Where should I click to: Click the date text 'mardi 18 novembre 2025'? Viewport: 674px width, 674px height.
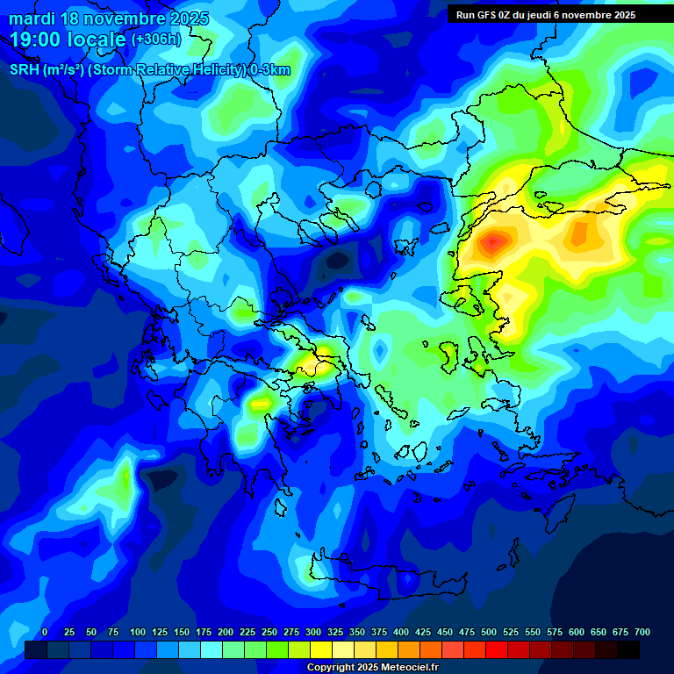click(x=109, y=18)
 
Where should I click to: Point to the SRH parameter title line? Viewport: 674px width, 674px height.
click(x=149, y=70)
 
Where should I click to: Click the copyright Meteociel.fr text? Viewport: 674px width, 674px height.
click(x=372, y=667)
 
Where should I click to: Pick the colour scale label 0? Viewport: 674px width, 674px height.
click(x=45, y=632)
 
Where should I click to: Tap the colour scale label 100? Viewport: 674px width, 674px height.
click(x=138, y=632)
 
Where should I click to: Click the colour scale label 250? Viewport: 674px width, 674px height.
click(x=269, y=632)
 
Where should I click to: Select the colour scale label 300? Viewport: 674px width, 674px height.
click(x=313, y=632)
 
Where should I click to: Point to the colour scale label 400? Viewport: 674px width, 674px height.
click(x=401, y=632)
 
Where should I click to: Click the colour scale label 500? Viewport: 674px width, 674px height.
click(x=489, y=632)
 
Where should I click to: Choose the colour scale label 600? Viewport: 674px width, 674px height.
click(x=577, y=632)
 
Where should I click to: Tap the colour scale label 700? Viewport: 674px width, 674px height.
click(x=642, y=632)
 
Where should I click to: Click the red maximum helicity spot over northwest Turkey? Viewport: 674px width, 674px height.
click(x=493, y=240)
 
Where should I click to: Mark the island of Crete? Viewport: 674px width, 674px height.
click(x=386, y=580)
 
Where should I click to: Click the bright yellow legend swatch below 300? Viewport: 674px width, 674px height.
click(x=321, y=650)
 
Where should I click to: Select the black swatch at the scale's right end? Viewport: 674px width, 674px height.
click(x=628, y=650)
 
